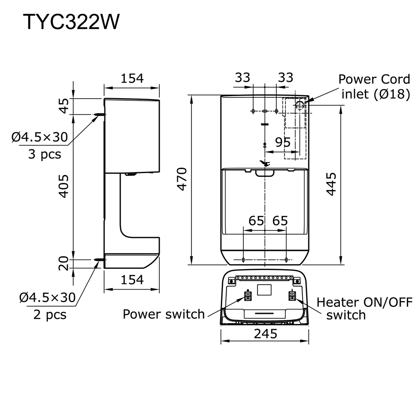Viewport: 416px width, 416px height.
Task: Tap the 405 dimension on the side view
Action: coord(63,186)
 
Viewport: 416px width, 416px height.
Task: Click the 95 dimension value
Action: coord(283,142)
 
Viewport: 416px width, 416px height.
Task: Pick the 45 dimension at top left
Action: coord(63,106)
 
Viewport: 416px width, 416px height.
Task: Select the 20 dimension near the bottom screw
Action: coord(63,263)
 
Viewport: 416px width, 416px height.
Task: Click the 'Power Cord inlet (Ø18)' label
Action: coord(374,87)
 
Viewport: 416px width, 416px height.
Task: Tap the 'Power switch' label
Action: coord(163,314)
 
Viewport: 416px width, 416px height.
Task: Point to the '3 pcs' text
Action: coord(45,154)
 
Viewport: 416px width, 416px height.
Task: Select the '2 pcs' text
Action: coord(50,314)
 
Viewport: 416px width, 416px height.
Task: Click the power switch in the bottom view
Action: coord(247,296)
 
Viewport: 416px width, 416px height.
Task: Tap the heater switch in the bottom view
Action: coord(293,296)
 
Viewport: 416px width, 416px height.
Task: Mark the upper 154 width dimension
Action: coord(132,78)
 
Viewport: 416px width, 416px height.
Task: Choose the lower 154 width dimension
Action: coord(132,280)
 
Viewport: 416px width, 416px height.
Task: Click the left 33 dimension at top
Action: coord(243,78)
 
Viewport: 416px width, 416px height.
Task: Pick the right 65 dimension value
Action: coord(280,220)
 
